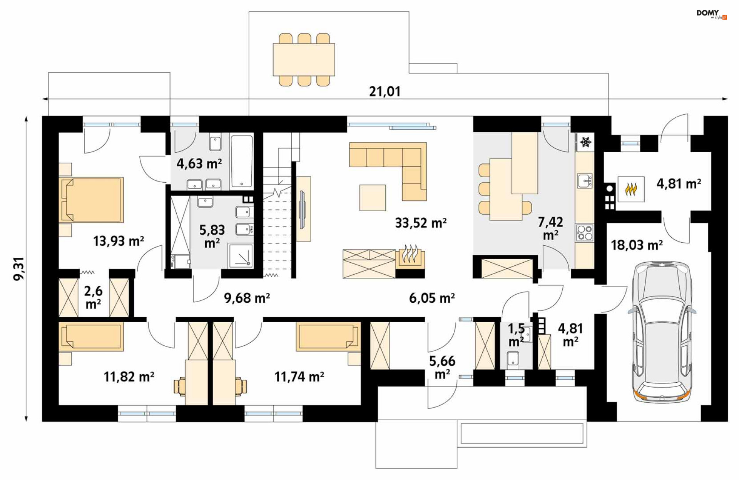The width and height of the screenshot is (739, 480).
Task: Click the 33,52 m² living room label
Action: tap(421, 223)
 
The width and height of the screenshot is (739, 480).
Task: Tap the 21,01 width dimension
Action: tap(385, 92)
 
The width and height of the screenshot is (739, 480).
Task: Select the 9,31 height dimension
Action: tap(18, 269)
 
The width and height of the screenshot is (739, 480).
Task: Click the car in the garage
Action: tap(662, 332)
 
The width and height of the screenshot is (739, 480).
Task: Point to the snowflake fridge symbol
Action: tap(586, 142)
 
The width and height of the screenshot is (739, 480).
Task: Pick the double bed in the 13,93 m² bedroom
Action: tap(92, 200)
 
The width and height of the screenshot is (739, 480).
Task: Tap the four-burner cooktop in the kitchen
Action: tap(585, 233)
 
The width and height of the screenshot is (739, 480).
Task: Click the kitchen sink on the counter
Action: tap(585, 180)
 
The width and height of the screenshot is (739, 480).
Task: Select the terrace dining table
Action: tap(304, 60)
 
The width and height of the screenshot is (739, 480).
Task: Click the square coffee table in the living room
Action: tap(373, 198)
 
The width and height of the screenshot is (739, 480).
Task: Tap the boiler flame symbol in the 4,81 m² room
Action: tap(631, 189)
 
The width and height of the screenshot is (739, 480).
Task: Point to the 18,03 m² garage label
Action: tap(637, 245)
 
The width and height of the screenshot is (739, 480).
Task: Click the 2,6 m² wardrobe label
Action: tap(94, 297)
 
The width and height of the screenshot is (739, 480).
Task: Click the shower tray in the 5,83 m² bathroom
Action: tap(241, 255)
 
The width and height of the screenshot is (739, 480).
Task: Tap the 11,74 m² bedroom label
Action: tap(299, 377)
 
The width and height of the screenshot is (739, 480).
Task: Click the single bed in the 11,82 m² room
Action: tap(92, 337)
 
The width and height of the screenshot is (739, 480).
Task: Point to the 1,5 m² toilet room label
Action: tap(516, 335)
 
